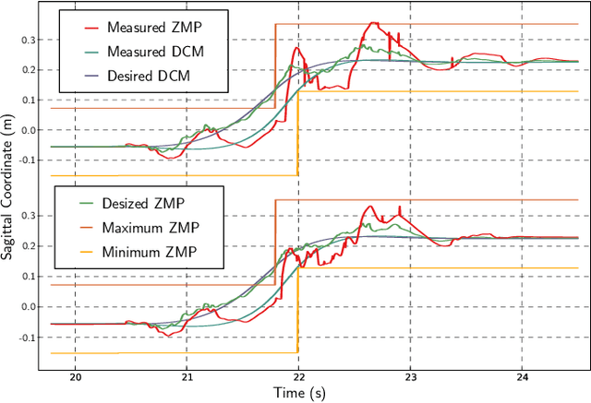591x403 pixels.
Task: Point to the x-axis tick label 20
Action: point(76,376)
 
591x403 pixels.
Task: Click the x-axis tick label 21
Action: point(187,376)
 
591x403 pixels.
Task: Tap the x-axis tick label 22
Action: point(298,376)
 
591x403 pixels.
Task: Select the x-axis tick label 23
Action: point(410,376)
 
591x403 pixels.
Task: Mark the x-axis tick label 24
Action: point(522,376)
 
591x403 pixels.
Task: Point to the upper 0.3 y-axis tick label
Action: point(27,40)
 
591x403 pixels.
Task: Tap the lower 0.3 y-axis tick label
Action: point(27,216)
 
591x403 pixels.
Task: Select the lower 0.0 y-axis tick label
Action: point(27,307)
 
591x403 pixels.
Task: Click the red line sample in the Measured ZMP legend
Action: point(83,29)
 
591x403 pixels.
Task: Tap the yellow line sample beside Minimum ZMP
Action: point(83,250)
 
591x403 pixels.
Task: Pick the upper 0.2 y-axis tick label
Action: point(27,70)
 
